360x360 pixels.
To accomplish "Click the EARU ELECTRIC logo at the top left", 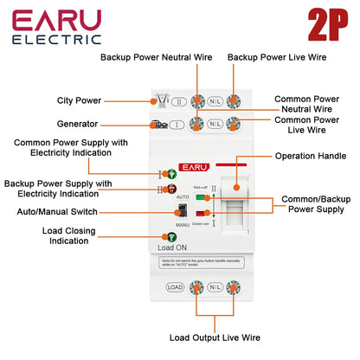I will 57,27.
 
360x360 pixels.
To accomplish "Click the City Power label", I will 77,100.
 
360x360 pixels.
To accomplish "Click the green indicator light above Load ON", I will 161,236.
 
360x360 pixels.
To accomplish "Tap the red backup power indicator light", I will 160,189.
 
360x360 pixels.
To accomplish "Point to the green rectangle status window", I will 201,212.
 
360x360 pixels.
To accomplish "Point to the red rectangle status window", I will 201,198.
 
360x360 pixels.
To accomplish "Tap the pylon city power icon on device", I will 160,100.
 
